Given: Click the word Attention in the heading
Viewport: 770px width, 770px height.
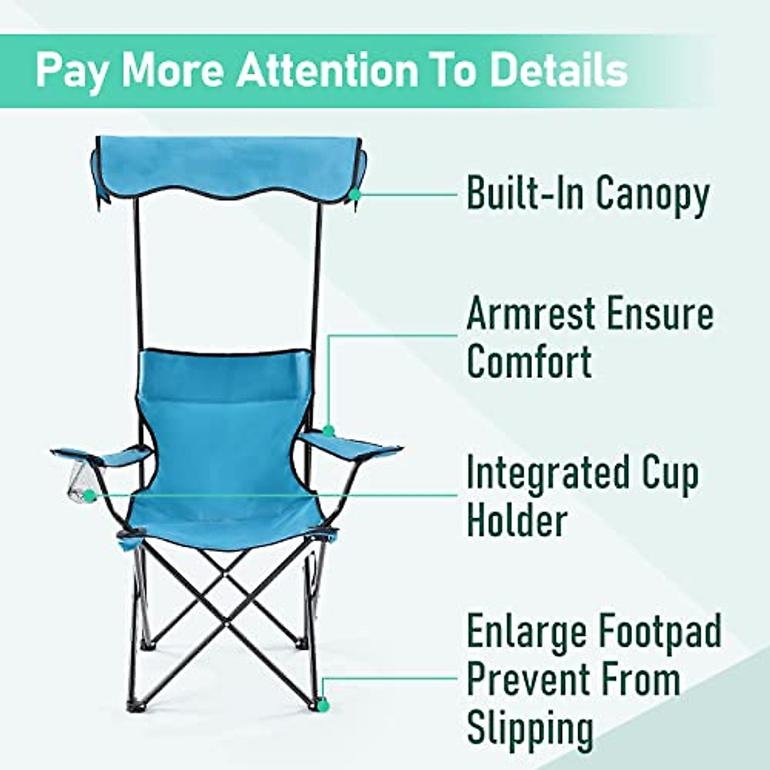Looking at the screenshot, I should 327,71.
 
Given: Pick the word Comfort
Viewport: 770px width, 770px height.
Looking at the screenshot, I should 529,362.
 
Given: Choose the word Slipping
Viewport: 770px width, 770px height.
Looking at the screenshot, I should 529,728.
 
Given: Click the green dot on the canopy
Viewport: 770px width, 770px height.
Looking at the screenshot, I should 355,193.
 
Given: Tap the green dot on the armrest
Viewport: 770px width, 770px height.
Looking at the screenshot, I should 329,431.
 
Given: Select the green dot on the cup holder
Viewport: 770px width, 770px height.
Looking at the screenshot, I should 90,495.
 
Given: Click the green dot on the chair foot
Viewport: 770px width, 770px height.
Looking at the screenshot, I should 323,705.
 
